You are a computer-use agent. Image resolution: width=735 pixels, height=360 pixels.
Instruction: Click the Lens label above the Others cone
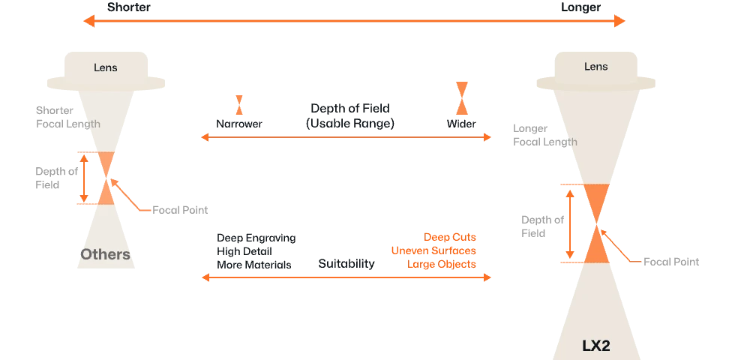click(105, 68)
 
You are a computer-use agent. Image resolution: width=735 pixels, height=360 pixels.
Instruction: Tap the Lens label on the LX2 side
click(595, 67)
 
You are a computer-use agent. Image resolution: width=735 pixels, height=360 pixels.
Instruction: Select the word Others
click(105, 254)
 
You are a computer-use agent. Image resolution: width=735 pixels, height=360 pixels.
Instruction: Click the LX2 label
click(596, 346)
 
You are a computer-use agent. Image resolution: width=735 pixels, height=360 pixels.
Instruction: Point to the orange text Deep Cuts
click(450, 235)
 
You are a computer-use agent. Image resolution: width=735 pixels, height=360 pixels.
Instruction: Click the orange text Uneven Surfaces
click(433, 250)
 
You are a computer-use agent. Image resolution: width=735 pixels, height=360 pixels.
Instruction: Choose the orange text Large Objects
click(442, 264)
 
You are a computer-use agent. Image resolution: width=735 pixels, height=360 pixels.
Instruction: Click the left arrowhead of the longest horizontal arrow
click(87, 22)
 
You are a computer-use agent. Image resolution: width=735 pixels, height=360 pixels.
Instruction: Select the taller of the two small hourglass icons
click(461, 97)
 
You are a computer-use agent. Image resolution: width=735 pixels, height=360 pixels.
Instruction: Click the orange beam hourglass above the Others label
click(107, 178)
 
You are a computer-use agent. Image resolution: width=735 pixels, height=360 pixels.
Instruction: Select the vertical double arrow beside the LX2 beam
click(571, 223)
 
